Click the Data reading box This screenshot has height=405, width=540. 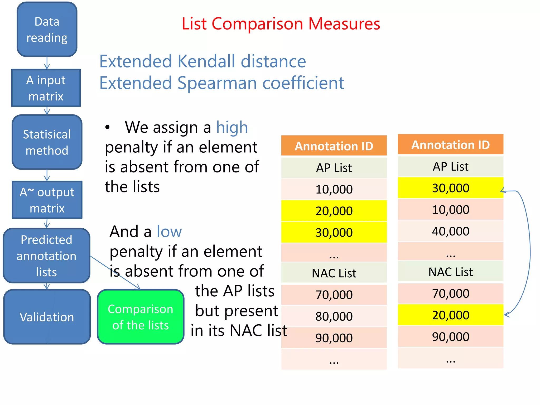click(x=47, y=29)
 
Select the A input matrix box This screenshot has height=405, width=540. click(x=46, y=88)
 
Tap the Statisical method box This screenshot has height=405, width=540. click(x=47, y=142)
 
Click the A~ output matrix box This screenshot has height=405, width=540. click(x=47, y=200)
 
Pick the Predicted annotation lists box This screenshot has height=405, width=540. click(x=46, y=255)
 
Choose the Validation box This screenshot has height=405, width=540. click(x=47, y=317)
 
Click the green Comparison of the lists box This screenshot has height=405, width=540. click(x=141, y=317)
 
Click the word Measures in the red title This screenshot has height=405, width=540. click(x=344, y=24)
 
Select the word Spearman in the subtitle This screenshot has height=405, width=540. click(x=218, y=83)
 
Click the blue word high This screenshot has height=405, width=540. click(x=232, y=127)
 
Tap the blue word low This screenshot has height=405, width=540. click(x=169, y=232)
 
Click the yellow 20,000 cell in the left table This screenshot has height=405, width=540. click(x=334, y=211)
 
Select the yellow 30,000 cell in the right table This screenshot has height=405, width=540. click(x=450, y=188)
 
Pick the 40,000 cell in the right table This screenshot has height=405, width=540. click(x=450, y=231)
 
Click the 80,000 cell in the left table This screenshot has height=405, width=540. click(x=334, y=316)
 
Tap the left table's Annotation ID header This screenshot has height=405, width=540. click(x=334, y=146)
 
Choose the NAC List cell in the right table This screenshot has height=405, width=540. click(x=450, y=272)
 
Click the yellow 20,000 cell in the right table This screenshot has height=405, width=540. click(x=450, y=315)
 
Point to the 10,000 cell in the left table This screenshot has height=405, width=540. click(x=334, y=189)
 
